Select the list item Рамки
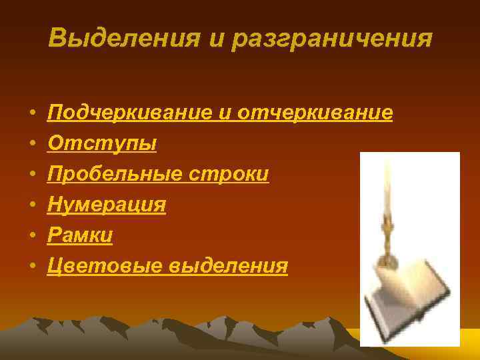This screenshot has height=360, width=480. click(x=80, y=235)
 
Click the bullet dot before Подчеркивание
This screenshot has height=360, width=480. click(x=31, y=114)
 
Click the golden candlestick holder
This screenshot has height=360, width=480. click(x=386, y=240)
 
